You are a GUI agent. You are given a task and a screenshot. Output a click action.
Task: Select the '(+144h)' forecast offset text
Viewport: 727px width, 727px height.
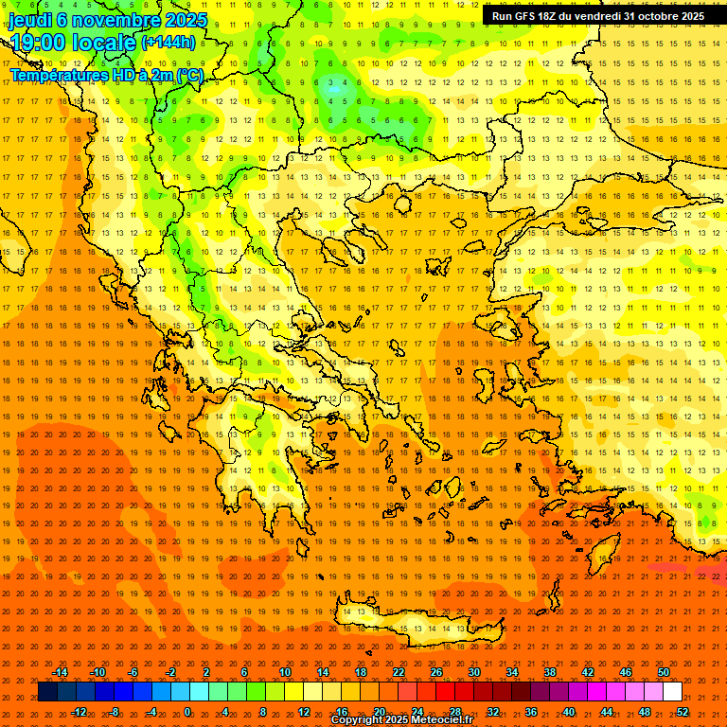click(168, 42)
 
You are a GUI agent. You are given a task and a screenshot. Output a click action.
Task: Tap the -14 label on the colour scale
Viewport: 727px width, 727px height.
click(60, 672)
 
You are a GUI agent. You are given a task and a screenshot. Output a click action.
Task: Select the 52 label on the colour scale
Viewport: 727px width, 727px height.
click(683, 712)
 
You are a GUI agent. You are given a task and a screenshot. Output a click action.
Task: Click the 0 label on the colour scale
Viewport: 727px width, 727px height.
click(187, 712)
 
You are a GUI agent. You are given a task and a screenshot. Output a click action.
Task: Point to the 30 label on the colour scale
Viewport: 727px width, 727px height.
click(474, 672)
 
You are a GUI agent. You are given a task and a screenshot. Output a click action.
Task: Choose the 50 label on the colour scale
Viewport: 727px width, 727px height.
click(663, 672)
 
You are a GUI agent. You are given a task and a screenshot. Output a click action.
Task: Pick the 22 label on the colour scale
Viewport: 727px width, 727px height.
click(399, 672)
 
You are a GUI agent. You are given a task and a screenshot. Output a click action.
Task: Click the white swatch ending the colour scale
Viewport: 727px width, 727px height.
click(673, 692)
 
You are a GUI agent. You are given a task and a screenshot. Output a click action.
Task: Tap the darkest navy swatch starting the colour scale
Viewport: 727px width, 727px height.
click(48, 692)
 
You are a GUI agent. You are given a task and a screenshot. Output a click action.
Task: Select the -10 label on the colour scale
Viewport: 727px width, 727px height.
click(98, 672)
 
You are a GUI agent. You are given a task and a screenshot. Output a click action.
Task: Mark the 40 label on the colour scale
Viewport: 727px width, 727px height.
click(569, 712)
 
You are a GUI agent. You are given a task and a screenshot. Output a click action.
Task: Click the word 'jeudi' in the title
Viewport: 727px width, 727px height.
click(30, 19)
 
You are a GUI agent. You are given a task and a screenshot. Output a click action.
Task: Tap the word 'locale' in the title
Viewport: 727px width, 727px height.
click(104, 42)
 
